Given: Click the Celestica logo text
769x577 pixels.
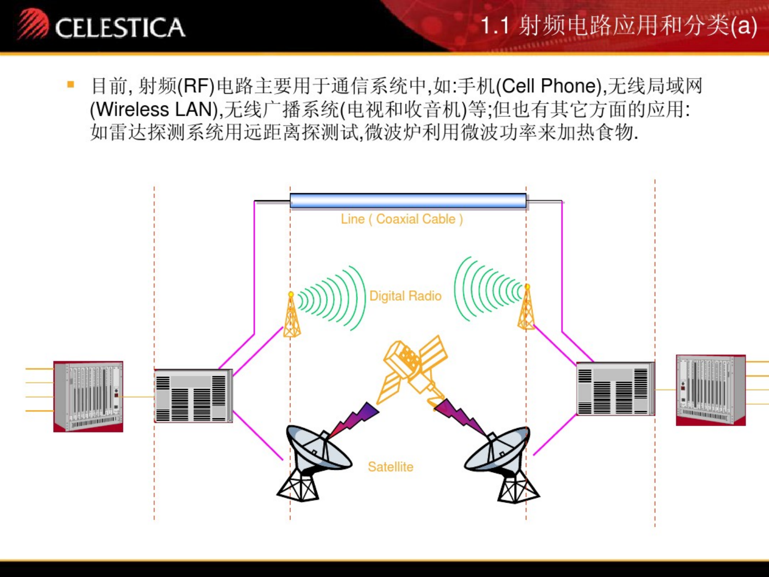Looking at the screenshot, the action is [x=120, y=28].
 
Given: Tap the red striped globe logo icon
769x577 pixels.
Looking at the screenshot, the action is [x=33, y=23].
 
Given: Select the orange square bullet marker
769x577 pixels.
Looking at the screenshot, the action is [x=71, y=84].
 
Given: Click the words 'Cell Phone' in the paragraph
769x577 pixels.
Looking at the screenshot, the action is [x=549, y=86].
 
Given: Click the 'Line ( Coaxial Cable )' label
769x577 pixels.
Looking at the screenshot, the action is [x=402, y=219].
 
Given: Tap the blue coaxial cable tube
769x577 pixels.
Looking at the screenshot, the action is [x=408, y=201].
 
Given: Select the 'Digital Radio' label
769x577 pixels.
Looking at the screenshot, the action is [x=405, y=296].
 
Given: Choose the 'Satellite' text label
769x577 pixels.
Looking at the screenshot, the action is [x=391, y=467].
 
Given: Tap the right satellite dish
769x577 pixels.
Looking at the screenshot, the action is [x=502, y=464].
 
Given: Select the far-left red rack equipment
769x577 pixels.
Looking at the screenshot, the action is [x=88, y=396].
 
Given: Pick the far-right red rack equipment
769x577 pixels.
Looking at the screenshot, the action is [x=710, y=390].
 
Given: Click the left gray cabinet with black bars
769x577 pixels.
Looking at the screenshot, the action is [x=193, y=395].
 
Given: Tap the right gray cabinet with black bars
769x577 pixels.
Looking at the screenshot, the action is [x=616, y=389].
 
